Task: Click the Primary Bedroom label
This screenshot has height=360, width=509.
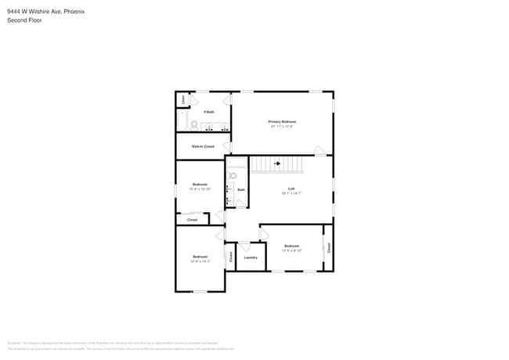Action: pos(282,121)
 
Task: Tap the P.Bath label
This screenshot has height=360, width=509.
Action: pos(209,112)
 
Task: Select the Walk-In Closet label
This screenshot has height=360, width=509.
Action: pos(203,146)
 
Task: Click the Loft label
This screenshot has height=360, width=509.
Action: pos(291,188)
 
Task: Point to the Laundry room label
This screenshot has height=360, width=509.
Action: pos(251,257)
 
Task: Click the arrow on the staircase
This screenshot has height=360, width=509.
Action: pos(276,164)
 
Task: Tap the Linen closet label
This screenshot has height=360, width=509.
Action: pos(183,99)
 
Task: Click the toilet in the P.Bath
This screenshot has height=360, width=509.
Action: pos(193,124)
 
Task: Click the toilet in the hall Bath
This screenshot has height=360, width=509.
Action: pos(233,176)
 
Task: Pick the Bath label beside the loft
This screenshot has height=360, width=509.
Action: pos(241,189)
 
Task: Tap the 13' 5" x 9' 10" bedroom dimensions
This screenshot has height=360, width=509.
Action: pos(291,250)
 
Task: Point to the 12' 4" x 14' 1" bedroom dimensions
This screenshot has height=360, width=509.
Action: pos(200,261)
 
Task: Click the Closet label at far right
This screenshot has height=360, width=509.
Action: pos(328,247)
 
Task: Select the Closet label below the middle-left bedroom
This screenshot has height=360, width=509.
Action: pos(192,220)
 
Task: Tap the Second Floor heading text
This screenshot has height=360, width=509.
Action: pos(24,20)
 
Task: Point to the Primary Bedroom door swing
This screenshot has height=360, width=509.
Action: pos(320,150)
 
